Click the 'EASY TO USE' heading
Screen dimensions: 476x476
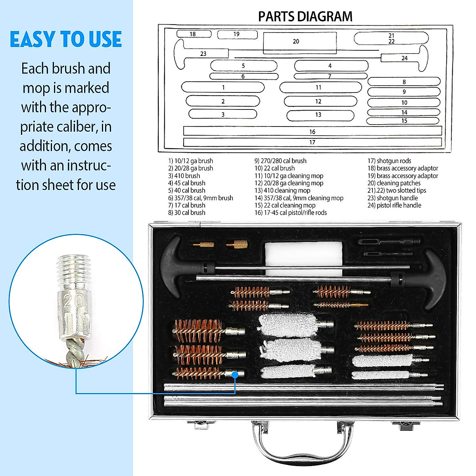(x=66, y=40)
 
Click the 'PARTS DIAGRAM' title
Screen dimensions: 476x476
(x=305, y=17)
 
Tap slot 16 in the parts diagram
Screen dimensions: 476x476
(x=312, y=131)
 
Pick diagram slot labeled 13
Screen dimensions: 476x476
(x=319, y=115)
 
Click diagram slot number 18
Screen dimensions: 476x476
(x=193, y=34)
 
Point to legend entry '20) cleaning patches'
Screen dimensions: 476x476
(x=393, y=183)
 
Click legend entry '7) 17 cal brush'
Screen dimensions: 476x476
(x=186, y=205)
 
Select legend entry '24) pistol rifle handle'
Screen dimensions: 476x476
(x=394, y=205)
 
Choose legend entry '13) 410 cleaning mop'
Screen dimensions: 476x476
(x=282, y=190)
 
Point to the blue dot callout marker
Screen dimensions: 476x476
(x=235, y=374)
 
